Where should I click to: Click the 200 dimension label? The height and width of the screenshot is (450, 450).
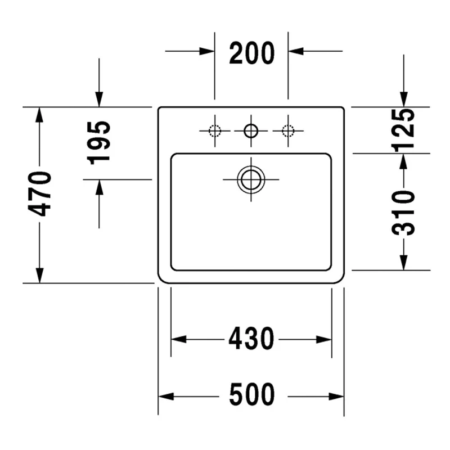[x=251, y=53]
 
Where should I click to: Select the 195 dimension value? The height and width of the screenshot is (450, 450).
[x=100, y=142]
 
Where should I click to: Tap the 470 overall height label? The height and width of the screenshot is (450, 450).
[x=40, y=194]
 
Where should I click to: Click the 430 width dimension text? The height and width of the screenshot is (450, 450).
[x=251, y=339]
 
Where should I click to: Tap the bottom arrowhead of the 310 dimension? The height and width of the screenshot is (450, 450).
[x=403, y=262]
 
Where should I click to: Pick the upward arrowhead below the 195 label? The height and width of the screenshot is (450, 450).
[x=100, y=187]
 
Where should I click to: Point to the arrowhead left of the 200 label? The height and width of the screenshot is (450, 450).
[x=207, y=52]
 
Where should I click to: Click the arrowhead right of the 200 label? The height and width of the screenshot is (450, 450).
[x=296, y=52]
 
